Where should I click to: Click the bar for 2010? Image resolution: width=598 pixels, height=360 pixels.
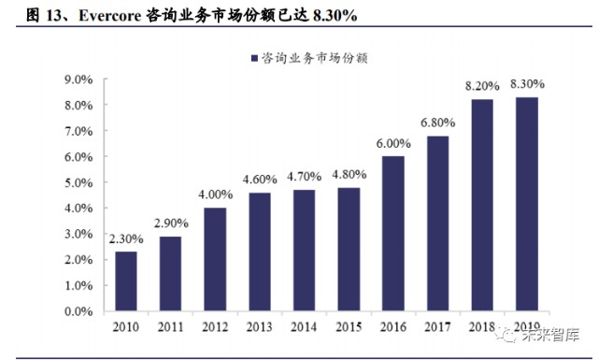[125, 281]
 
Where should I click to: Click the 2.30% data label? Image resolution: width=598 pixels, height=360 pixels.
[125, 239]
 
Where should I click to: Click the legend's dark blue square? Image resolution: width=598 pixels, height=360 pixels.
[255, 57]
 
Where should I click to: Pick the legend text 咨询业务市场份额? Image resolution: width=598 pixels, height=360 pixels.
[315, 57]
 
